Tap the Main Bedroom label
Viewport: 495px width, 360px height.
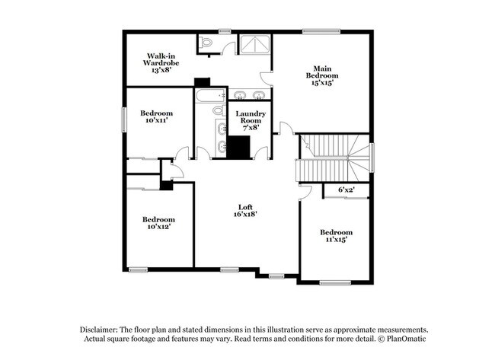coord(322,75)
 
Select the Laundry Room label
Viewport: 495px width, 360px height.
coord(251,120)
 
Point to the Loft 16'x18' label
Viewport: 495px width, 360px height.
coord(244,210)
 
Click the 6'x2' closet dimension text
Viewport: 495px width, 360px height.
coord(347,189)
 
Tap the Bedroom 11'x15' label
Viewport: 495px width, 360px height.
coord(335,235)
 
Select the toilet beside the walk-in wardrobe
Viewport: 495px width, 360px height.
coord(206,43)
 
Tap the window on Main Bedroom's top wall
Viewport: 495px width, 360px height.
coord(313,31)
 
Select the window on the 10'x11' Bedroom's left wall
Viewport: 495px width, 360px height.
coord(124,119)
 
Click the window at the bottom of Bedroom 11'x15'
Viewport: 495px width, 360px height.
coord(333,283)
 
